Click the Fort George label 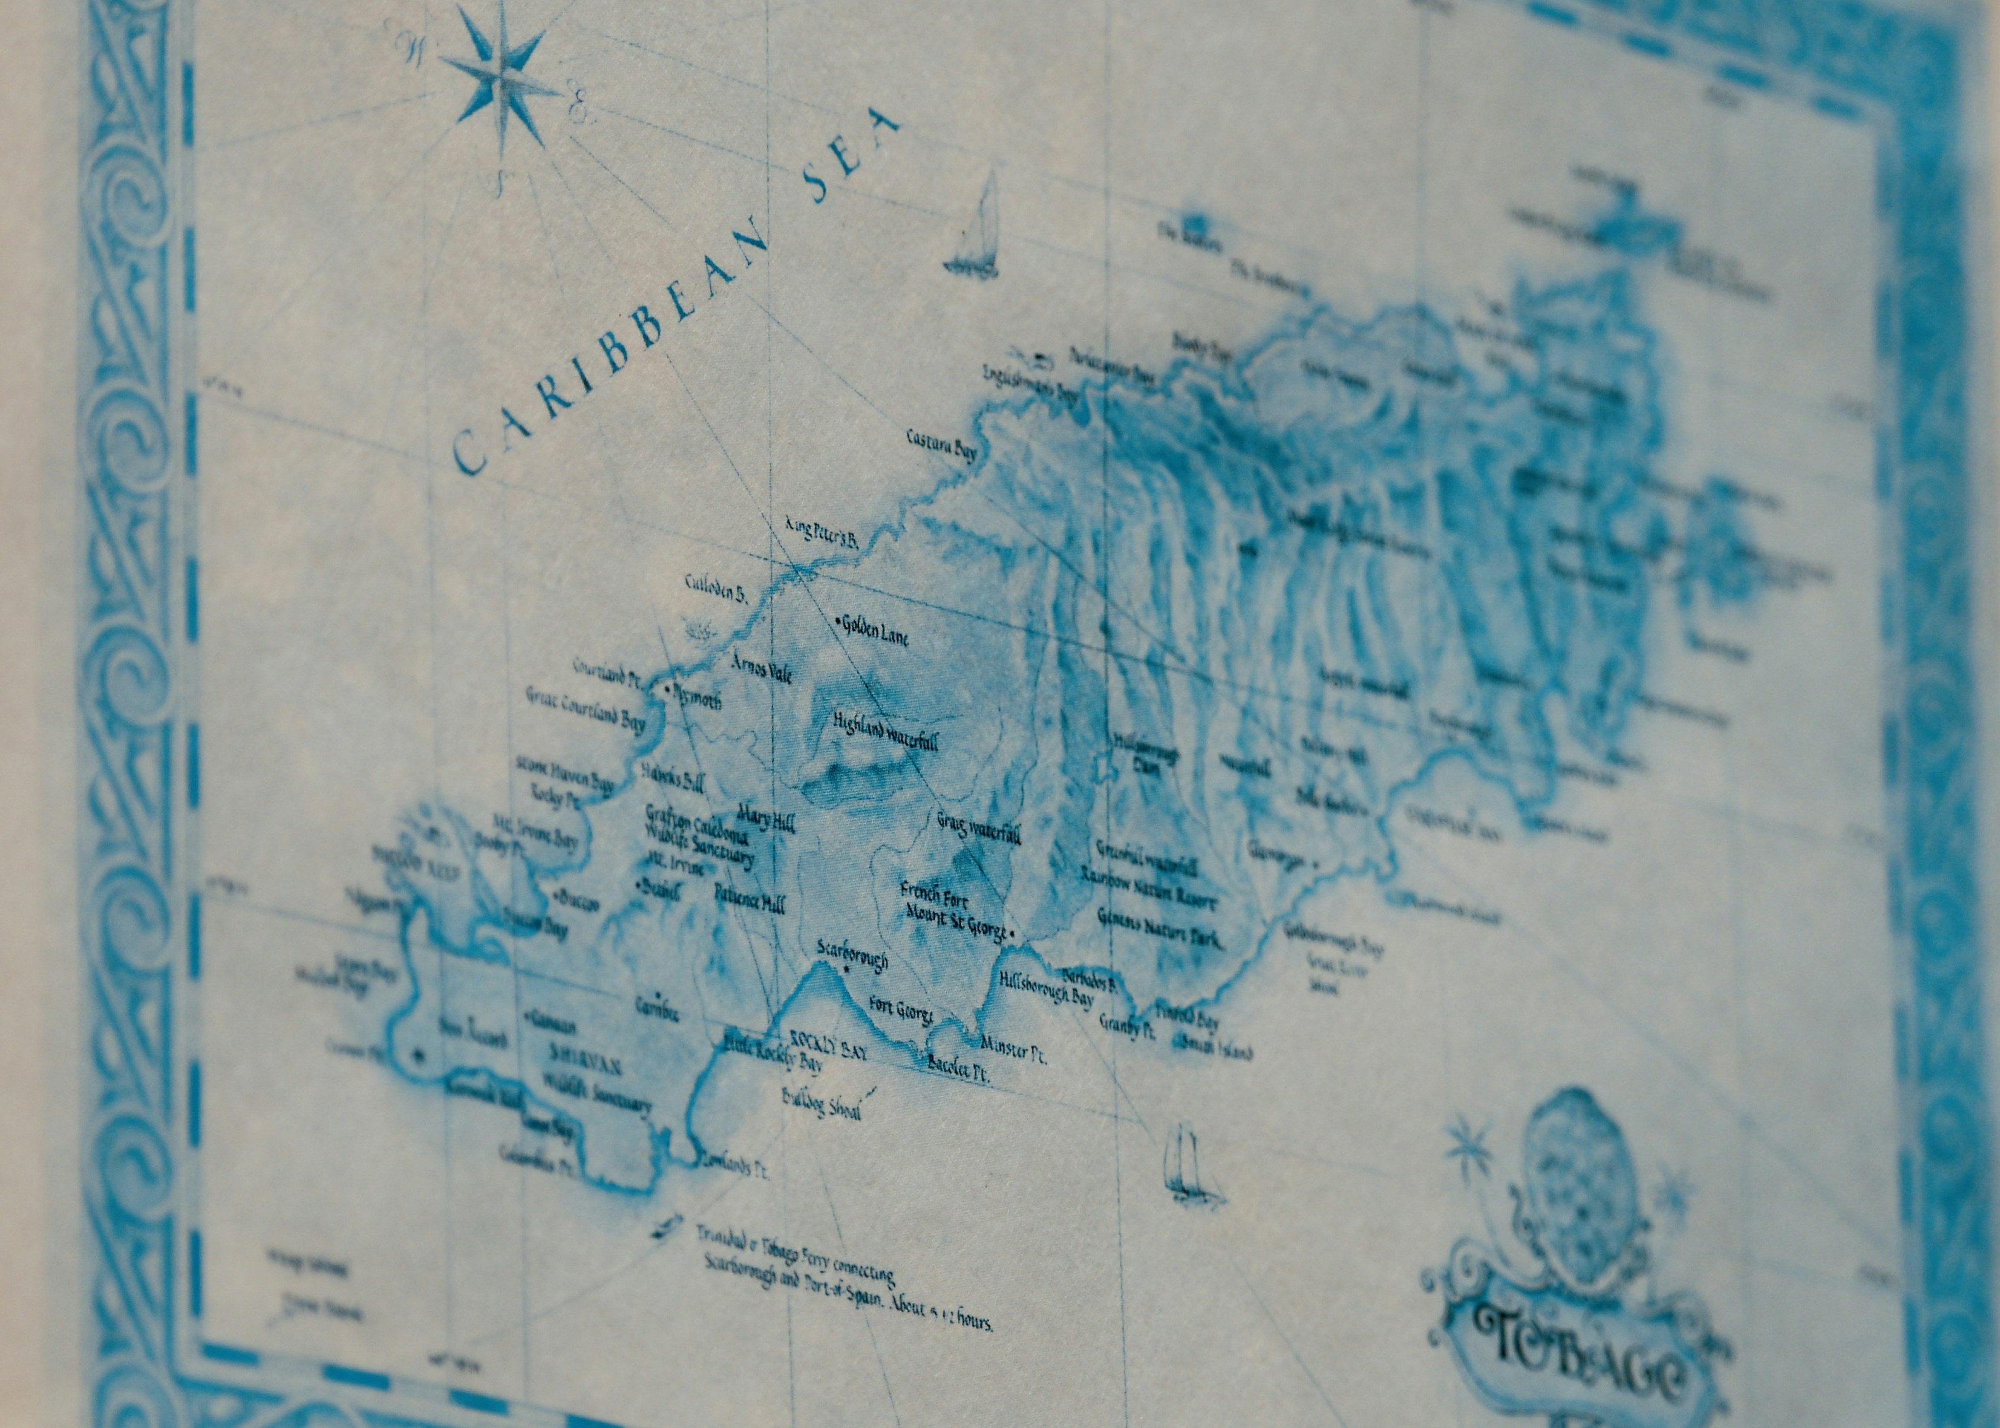coord(900,1009)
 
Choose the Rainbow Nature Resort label coord(1148,888)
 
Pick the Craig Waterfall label coord(978,828)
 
